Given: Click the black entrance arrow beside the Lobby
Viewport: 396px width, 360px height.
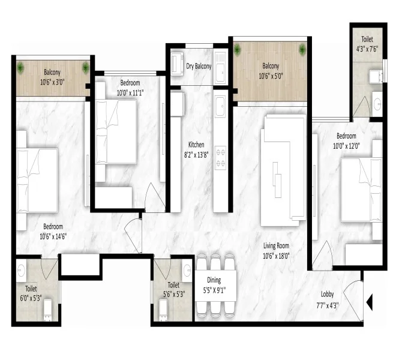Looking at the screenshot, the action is pos(370,302).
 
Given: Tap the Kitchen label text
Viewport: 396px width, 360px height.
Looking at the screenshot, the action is pos(196,145).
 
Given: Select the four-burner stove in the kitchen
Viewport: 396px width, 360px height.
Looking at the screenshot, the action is pos(220,158).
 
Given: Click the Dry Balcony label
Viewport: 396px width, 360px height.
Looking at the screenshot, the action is pos(199,66).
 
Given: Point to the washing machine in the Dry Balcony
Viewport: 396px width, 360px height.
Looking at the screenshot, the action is pos(177,64).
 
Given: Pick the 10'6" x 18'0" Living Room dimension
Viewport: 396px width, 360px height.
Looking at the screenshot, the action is pos(276,256).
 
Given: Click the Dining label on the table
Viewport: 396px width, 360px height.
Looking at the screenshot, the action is pos(214,280).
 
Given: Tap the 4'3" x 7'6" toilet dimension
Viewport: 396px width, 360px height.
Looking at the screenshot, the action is pos(367,49).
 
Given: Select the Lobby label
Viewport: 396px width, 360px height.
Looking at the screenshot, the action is pos(328,295).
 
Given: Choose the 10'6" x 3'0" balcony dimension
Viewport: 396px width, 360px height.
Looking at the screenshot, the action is pos(52,82).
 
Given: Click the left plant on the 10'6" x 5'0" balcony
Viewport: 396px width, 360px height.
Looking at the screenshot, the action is pos(237,49).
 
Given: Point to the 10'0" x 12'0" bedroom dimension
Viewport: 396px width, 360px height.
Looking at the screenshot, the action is pos(346,146).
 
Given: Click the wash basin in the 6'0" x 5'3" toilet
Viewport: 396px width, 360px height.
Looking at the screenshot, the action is pos(21,271).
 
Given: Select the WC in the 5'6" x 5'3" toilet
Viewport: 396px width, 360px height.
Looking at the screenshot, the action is pos(163,310).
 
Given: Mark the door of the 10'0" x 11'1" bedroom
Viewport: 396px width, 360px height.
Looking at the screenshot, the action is pos(155,197).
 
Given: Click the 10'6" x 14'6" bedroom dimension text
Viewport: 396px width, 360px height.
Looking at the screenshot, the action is pos(53,236).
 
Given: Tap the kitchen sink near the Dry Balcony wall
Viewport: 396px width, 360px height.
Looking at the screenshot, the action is pos(220,106).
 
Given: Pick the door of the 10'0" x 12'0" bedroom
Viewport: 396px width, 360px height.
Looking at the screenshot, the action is pos(322,256).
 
